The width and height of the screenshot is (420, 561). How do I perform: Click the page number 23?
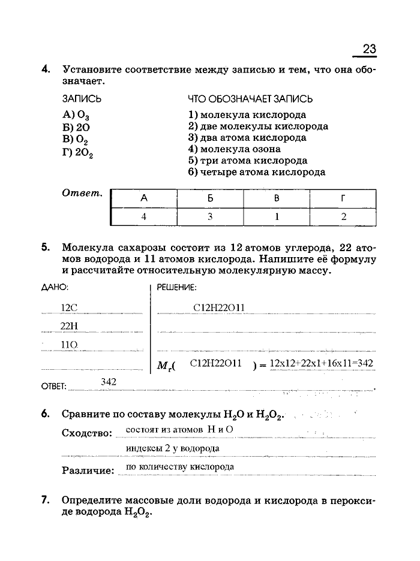click(368, 49)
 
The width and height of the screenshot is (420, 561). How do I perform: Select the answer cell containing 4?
click(143, 216)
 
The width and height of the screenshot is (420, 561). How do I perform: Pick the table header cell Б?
click(210, 198)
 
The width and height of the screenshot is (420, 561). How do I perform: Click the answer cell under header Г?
click(343, 216)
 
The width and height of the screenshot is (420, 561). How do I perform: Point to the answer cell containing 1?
click(277, 216)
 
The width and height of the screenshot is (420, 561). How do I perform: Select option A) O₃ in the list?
click(75, 116)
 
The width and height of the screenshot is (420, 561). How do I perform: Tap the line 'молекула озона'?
click(234, 149)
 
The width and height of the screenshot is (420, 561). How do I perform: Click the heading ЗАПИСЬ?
click(81, 98)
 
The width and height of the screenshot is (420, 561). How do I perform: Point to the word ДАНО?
click(55, 287)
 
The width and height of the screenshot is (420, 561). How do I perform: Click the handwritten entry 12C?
click(70, 307)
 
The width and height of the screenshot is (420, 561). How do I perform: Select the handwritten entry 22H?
click(70, 325)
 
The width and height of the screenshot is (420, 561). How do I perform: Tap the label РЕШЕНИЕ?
click(176, 287)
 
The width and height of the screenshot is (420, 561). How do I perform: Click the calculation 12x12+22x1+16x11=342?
click(322, 363)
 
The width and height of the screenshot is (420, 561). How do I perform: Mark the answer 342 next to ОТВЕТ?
click(109, 382)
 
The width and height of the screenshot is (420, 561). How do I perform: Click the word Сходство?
click(88, 433)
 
